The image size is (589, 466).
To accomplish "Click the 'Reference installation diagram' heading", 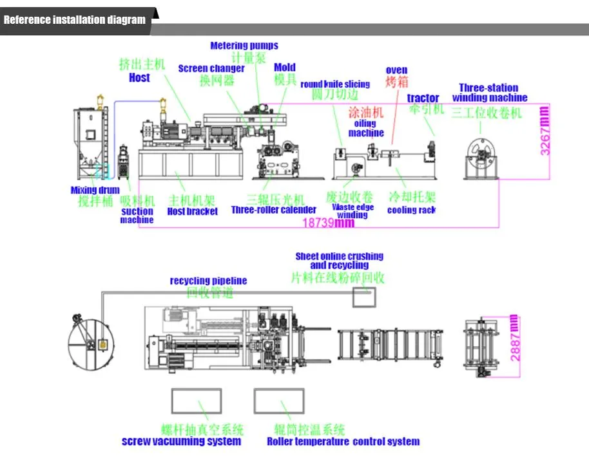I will [x=75, y=19].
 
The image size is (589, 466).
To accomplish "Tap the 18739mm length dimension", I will [x=329, y=223].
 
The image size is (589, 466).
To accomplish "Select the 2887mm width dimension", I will [x=513, y=337].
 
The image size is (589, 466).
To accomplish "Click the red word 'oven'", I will [x=396, y=70].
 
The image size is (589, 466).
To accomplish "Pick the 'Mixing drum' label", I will [x=95, y=190].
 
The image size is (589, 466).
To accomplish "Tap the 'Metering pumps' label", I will [x=244, y=46].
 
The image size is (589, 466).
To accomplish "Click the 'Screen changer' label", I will [x=211, y=68].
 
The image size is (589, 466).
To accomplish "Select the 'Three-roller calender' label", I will [x=273, y=210].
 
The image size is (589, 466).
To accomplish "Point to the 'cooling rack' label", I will [x=411, y=210].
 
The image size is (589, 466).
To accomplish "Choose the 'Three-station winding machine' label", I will [x=489, y=93].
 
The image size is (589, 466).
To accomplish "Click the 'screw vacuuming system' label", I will [x=182, y=442].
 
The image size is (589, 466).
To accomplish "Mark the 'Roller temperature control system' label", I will [x=343, y=442].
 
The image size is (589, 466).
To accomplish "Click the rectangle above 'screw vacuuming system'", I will [x=196, y=401].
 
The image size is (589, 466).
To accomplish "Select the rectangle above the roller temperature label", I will [x=278, y=401].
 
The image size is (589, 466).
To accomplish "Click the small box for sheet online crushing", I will [x=365, y=297].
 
